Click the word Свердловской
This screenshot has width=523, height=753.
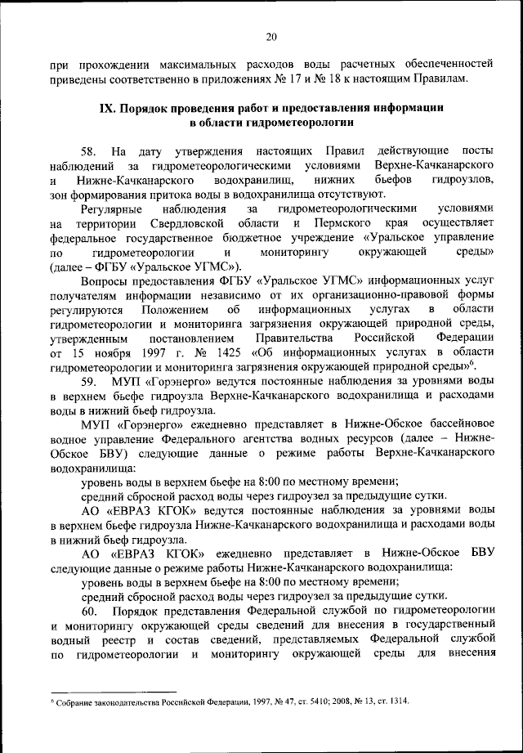pos(190,223)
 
